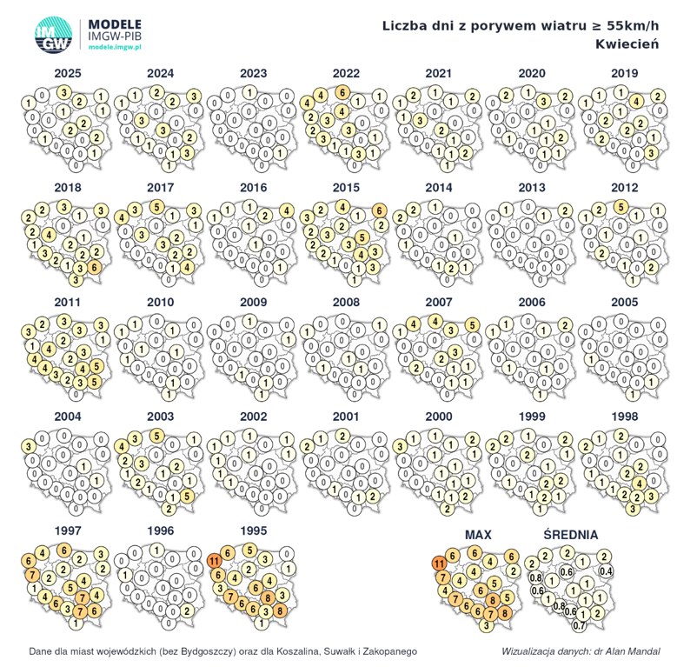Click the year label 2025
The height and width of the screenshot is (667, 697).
(67, 73)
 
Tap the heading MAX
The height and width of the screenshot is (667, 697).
(479, 533)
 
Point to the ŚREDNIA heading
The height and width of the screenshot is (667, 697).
(570, 533)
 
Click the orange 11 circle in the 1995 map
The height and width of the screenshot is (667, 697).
(214, 562)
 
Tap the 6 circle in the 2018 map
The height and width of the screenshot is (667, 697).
(94, 267)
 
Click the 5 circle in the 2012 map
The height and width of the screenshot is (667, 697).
(621, 207)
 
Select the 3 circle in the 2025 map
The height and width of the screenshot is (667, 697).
(63, 92)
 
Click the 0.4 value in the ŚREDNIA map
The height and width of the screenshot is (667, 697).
(606, 570)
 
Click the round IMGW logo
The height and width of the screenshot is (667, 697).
(54, 37)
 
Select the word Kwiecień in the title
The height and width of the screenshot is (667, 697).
(627, 43)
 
